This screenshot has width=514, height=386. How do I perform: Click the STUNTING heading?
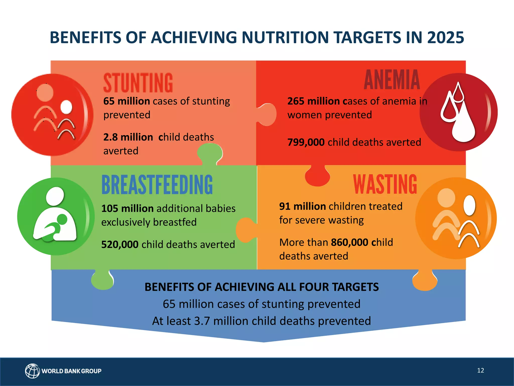tap(138, 83)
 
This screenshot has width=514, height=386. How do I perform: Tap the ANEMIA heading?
tap(392, 80)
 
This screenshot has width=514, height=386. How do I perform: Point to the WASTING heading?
tap(385, 185)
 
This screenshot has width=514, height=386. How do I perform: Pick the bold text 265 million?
tap(313, 101)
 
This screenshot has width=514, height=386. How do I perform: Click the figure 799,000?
tap(306, 142)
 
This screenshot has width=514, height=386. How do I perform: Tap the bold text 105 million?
tap(127, 209)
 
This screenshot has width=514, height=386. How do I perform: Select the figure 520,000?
tap(120, 245)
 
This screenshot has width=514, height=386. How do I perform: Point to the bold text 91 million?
tap(302, 206)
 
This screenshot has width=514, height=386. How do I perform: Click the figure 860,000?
tap(349, 243)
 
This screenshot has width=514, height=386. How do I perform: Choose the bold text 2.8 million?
tap(128, 137)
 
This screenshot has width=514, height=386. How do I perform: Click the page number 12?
tap(480, 370)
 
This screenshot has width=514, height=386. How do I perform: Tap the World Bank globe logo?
tap(32, 371)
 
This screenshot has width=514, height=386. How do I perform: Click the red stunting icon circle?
tap(52, 115)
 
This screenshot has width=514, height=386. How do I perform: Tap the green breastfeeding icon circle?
tap(56, 216)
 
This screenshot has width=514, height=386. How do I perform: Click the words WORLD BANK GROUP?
tap(72, 371)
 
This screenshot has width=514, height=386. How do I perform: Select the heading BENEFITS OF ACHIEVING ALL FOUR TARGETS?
tap(262, 287)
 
